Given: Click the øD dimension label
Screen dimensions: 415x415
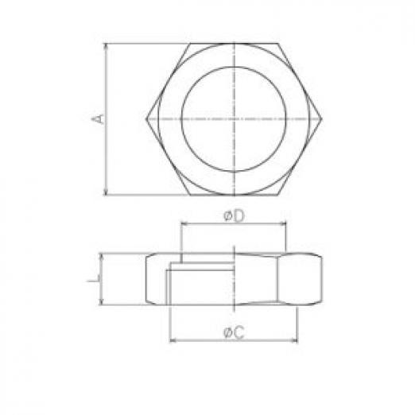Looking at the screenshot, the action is (x=234, y=216).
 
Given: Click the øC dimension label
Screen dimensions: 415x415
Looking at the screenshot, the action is (x=234, y=332).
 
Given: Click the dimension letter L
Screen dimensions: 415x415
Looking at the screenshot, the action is (x=94, y=278).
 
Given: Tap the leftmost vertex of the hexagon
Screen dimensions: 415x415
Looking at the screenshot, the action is (x=146, y=119).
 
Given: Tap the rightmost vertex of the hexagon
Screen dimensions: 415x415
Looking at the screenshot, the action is (x=322, y=119).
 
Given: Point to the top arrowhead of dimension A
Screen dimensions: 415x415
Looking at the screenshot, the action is (x=107, y=46).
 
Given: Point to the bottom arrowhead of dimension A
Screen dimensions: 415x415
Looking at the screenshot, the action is (x=107, y=192).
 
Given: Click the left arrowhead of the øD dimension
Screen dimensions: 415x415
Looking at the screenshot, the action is (x=184, y=224).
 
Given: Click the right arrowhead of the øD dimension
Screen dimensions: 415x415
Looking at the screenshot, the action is (x=282, y=224).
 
